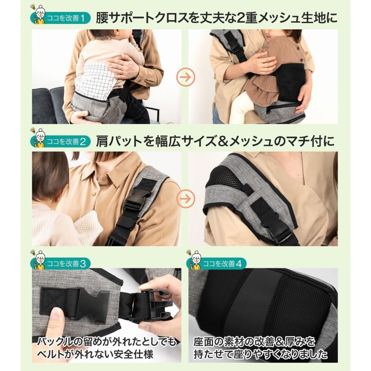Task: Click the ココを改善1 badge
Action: [60, 18]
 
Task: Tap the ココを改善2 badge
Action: [60, 141]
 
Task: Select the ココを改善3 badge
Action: [60, 263]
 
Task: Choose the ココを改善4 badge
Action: [216, 263]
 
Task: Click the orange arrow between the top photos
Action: [186, 77]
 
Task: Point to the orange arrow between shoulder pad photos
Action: [186, 199]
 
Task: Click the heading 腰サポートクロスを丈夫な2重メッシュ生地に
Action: [216, 18]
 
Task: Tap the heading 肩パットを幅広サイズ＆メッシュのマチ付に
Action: [215, 141]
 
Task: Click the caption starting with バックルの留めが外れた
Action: [107, 348]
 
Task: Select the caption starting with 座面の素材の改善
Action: [260, 348]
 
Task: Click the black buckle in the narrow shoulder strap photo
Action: [137, 199]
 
